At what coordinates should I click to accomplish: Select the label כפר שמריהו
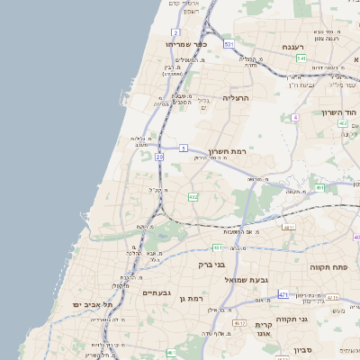187,42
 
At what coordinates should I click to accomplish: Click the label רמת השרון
233,152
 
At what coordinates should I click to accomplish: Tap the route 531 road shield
229,43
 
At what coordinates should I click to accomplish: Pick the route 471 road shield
283,294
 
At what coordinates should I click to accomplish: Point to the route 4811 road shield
289,228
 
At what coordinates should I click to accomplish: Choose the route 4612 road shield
239,322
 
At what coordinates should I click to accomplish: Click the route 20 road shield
159,157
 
